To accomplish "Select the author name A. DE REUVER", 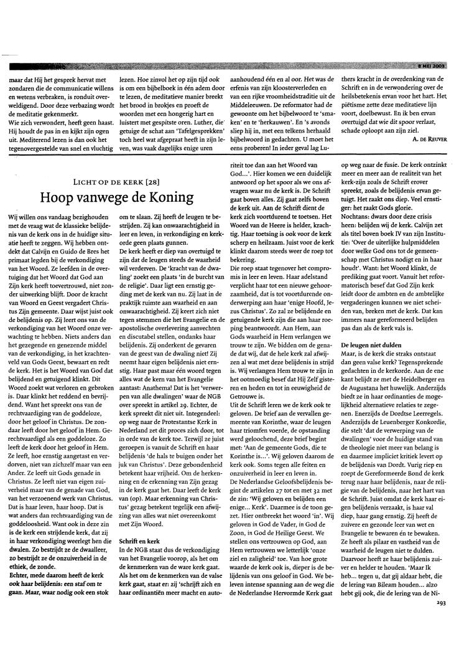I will click(x=428, y=139).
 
